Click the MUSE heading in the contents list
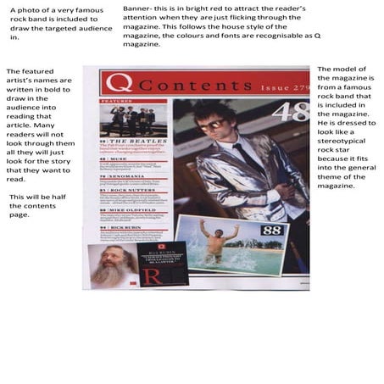tap(120, 158)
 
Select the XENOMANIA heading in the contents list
tap(126, 175)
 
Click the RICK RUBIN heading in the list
tap(127, 226)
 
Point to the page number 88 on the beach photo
tap(248, 230)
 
